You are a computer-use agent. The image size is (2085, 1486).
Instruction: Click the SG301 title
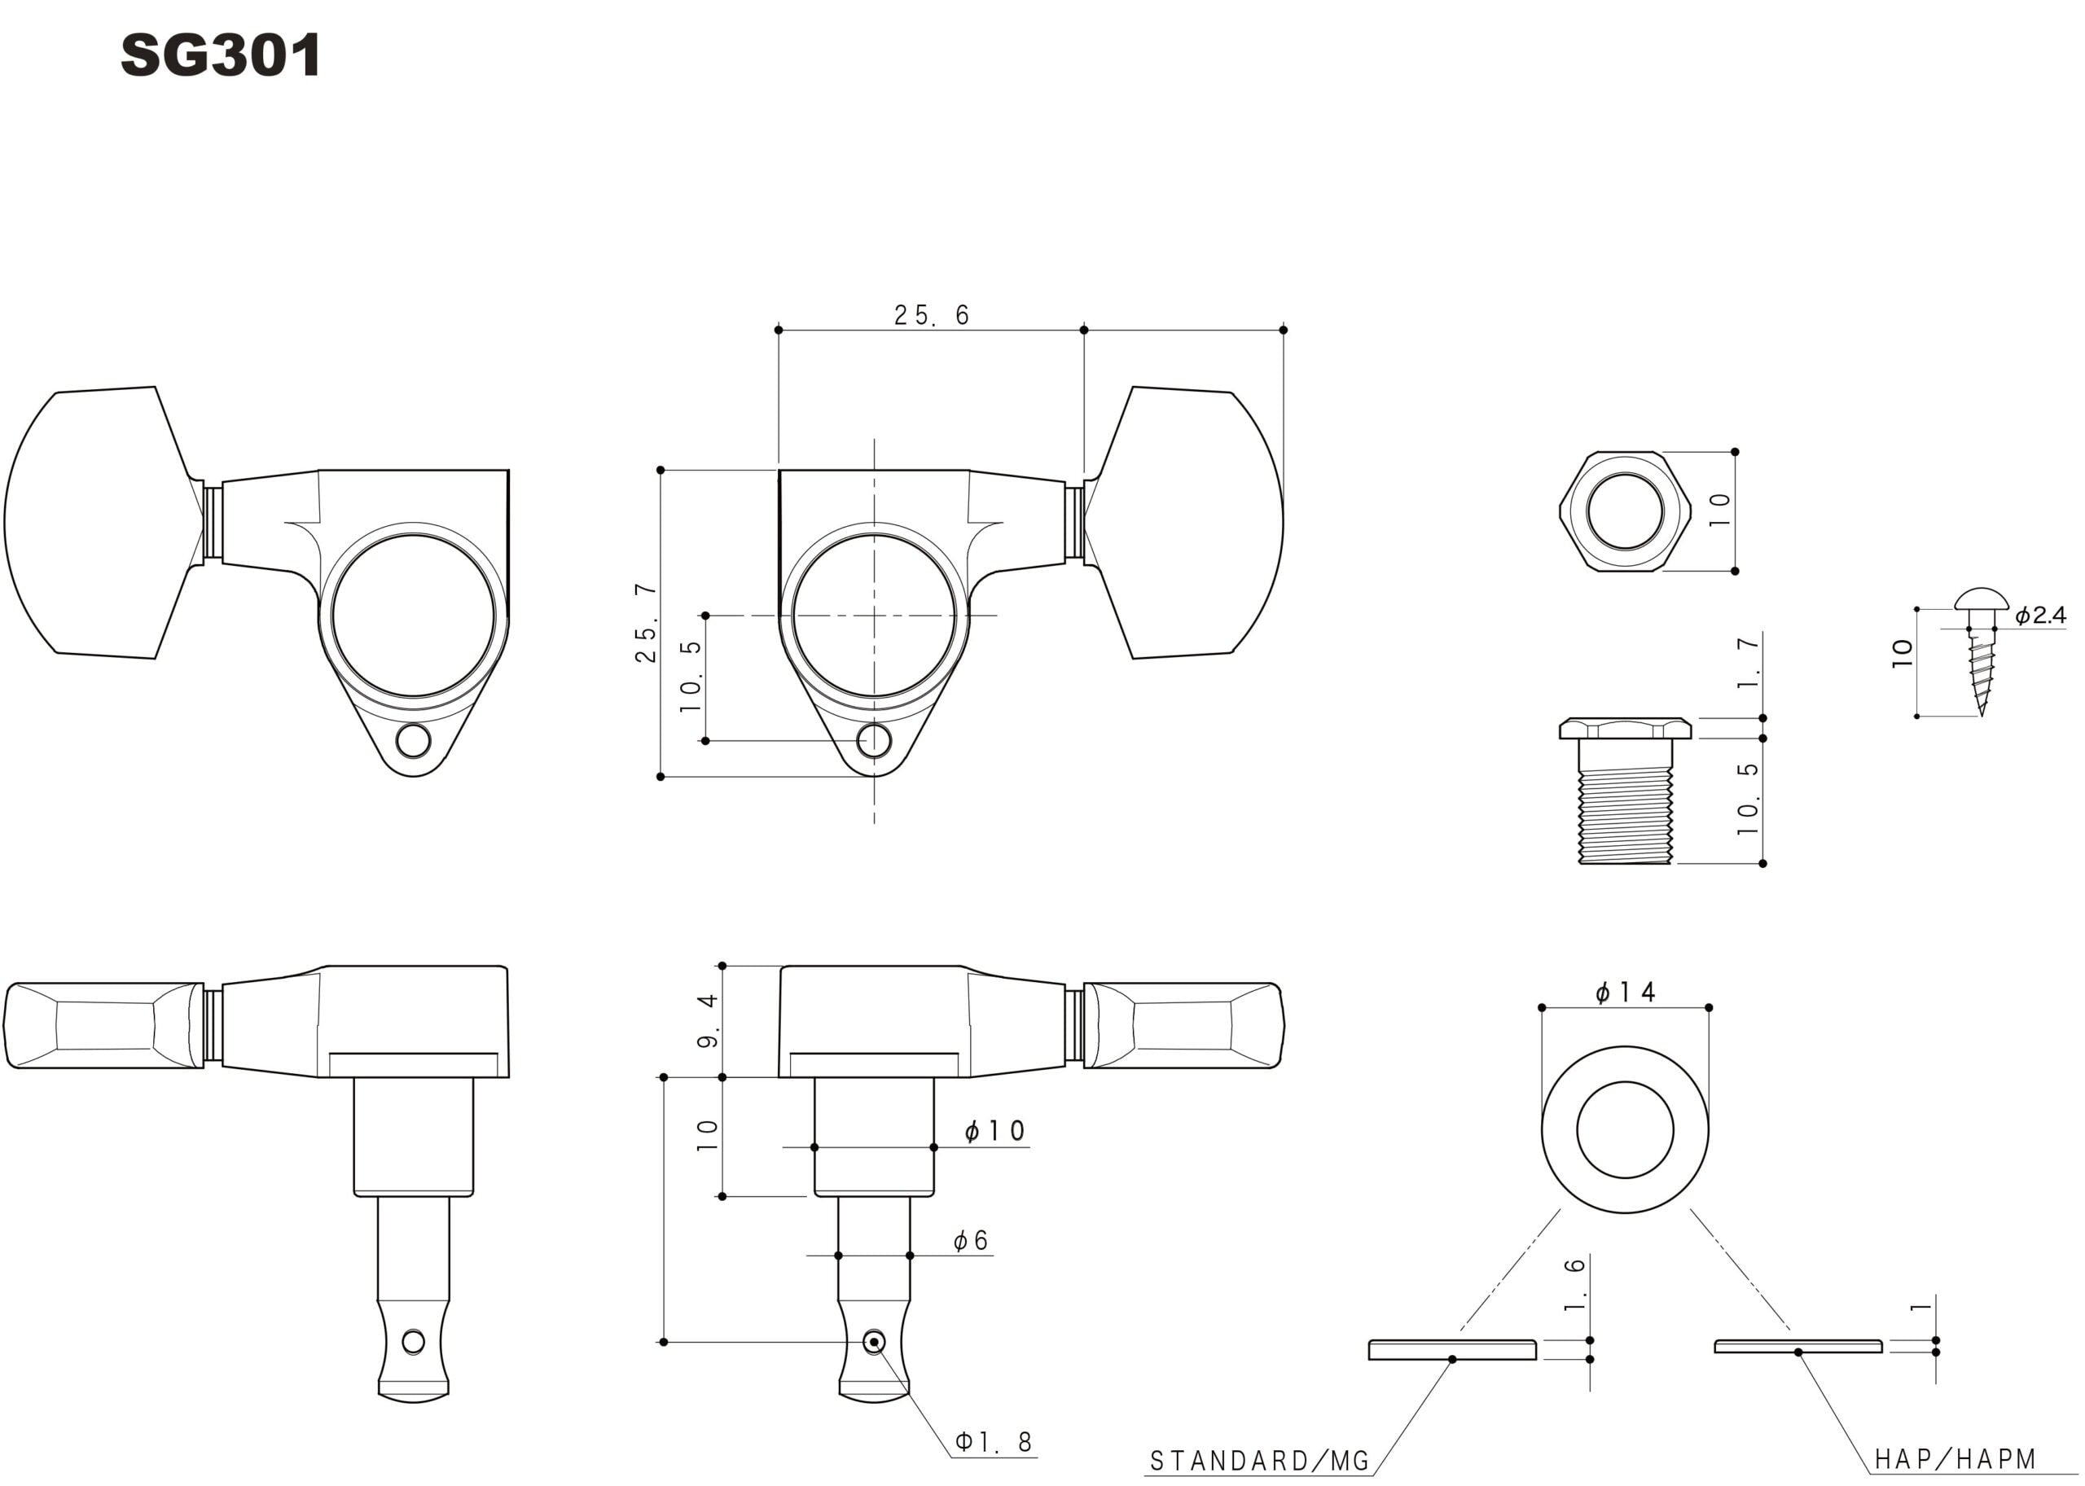[x=221, y=56]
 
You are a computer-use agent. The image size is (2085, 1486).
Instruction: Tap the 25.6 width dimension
[x=931, y=315]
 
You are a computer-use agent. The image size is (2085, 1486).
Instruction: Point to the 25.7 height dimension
[x=646, y=622]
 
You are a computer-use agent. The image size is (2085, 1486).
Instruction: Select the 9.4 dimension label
[x=709, y=1021]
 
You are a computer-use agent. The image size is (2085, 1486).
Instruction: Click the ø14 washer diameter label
[x=1625, y=993]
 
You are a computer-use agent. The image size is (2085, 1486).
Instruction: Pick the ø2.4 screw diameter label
[x=2040, y=616]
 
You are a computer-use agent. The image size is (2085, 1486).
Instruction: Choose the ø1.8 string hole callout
[x=993, y=1442]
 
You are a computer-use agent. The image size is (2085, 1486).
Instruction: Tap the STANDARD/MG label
[x=1259, y=1461]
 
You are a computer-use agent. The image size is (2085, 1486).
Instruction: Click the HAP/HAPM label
[x=1955, y=1458]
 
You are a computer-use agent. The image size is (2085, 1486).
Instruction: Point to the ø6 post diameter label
[x=970, y=1241]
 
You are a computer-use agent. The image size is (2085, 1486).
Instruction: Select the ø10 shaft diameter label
[x=995, y=1132]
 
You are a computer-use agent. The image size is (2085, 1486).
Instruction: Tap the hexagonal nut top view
[x=1625, y=511]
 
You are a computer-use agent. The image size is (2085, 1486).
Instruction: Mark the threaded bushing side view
[x=1626, y=791]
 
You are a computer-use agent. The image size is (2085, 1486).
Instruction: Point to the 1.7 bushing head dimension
[x=1748, y=664]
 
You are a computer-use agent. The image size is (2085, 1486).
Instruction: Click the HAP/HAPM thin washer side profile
[x=1798, y=1346]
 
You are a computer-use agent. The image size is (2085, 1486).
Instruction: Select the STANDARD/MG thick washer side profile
[x=1452, y=1350]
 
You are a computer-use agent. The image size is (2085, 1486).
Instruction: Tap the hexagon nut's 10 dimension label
[x=1720, y=510]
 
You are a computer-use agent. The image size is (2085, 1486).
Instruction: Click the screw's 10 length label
[x=1902, y=652]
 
